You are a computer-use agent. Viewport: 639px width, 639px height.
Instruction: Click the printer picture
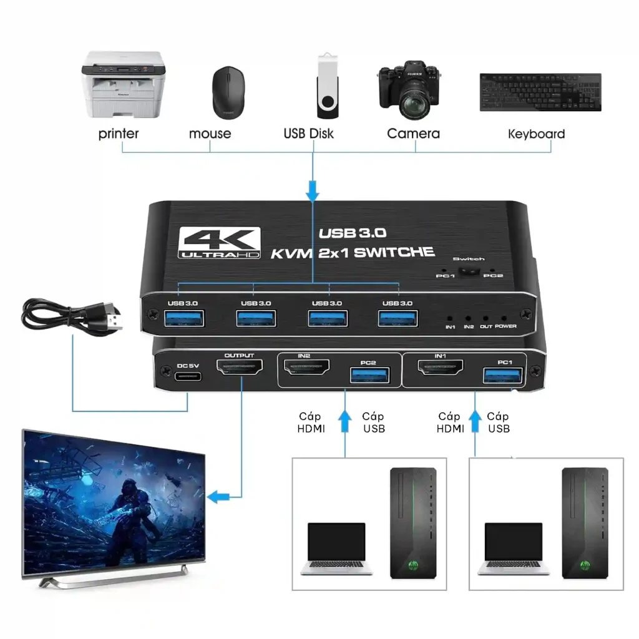click(124, 84)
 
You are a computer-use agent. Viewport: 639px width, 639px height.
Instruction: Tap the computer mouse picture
click(228, 92)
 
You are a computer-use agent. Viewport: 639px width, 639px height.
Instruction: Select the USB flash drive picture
click(328, 85)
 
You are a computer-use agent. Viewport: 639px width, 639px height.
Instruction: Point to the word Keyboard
click(536, 134)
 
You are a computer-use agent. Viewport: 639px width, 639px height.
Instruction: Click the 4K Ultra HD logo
click(219, 243)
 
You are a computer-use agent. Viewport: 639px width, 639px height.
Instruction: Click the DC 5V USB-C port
click(188, 376)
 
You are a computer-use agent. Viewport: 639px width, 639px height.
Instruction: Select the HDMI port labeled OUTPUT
click(240, 368)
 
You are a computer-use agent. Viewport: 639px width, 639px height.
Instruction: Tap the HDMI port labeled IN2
click(306, 367)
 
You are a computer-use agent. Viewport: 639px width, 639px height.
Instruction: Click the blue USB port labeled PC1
click(503, 375)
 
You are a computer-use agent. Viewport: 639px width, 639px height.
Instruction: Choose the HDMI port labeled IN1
click(441, 367)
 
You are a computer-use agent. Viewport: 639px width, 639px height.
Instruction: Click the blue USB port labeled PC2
click(370, 376)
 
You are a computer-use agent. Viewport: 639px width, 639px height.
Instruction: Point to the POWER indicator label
click(505, 326)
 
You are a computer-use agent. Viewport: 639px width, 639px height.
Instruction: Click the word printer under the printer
click(119, 134)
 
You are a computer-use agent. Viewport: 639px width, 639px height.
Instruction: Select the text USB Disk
click(308, 134)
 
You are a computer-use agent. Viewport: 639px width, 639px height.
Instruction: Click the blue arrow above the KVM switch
click(313, 192)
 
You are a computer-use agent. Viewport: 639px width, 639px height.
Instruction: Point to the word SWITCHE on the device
click(394, 252)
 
